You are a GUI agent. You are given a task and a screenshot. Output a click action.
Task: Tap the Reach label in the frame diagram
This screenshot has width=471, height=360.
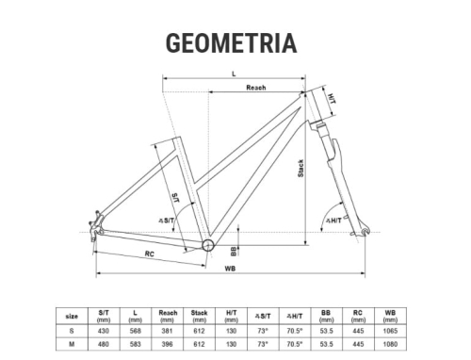pyautogui.click(x=255, y=88)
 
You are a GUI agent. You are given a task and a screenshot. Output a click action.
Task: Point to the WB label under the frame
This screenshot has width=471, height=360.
pyautogui.click(x=230, y=269)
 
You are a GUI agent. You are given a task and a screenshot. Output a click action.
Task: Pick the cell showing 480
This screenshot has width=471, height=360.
pyautogui.click(x=105, y=345)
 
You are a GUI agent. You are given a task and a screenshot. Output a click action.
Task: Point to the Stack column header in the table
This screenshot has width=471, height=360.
pyautogui.click(x=200, y=314)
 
